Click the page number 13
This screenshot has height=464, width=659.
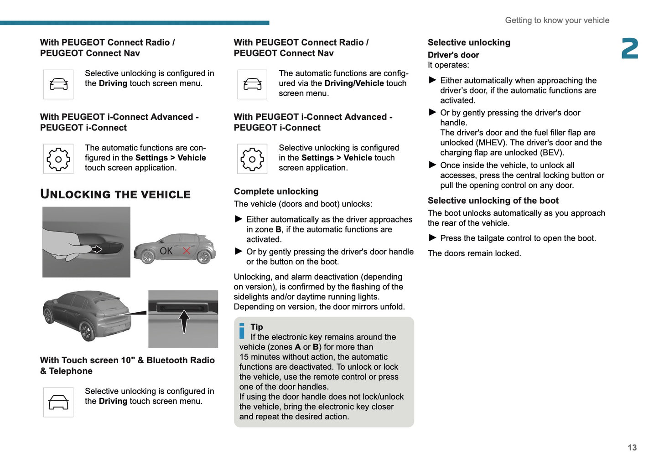coord(632,448)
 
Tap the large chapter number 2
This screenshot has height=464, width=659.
coord(630,49)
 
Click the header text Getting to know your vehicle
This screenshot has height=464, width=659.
coord(557,21)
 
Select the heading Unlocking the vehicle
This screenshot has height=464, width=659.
coord(115,194)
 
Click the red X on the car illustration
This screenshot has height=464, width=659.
coord(186,251)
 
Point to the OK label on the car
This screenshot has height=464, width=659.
coord(166,251)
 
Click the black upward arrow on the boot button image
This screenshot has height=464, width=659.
coord(184,321)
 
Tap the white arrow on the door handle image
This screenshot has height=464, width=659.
coord(97,249)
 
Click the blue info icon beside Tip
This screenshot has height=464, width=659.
coord(242,331)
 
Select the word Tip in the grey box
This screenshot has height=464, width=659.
coord(257,327)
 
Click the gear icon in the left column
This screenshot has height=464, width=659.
coord(58,159)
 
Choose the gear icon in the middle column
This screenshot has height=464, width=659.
coord(252,159)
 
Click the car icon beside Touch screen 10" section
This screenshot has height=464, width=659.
coord(58,402)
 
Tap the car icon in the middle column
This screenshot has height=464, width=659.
coord(252,84)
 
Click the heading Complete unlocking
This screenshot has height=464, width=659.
coord(276,191)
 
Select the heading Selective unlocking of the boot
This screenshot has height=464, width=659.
coord(493,201)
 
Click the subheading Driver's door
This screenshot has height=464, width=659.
coord(453,55)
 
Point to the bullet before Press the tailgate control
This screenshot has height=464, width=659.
coord(432,237)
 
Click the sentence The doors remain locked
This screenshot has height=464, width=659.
coord(474,253)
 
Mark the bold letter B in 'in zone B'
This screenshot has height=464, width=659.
coord(278,230)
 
